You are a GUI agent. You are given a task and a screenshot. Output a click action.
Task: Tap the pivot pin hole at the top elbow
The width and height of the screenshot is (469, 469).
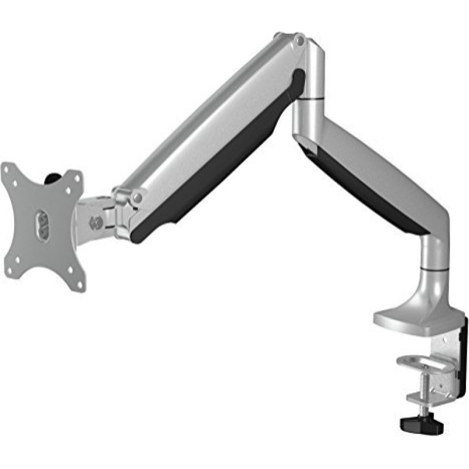[x=298, y=40]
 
